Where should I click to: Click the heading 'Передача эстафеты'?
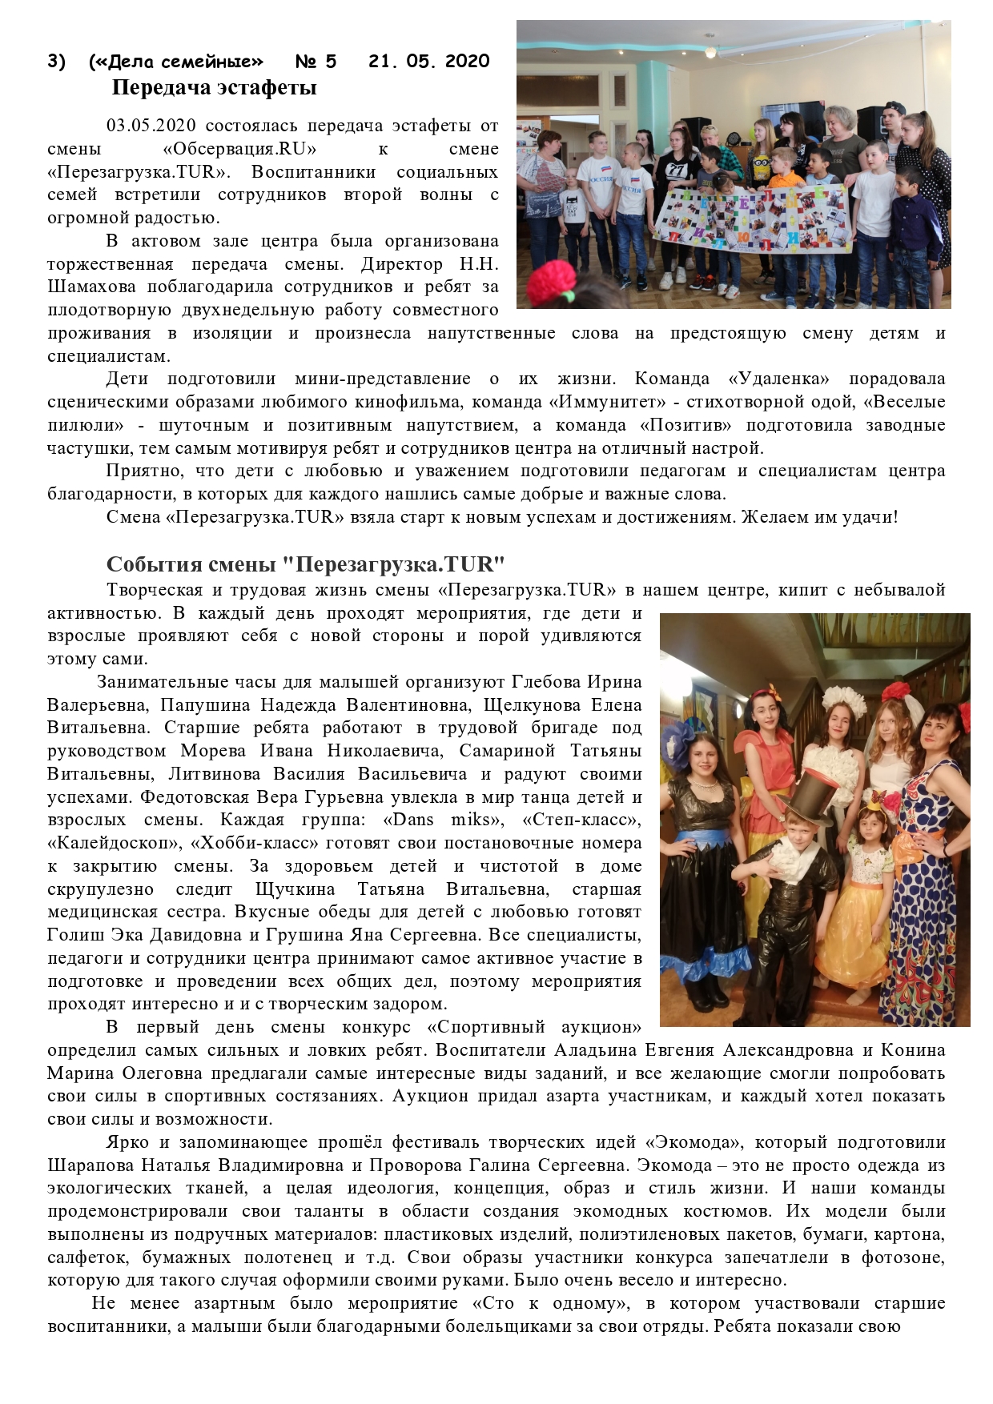pos(214,87)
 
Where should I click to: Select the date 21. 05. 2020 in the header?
pos(428,62)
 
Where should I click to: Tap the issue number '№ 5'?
pos(316,62)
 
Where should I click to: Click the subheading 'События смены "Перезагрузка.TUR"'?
pos(305,564)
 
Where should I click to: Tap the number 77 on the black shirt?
pos(672,169)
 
